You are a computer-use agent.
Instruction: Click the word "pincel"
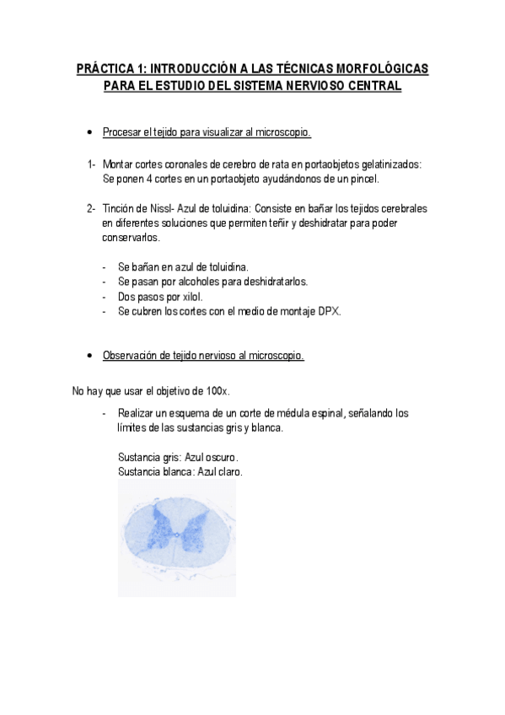(365, 179)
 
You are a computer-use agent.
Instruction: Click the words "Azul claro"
(219, 472)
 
